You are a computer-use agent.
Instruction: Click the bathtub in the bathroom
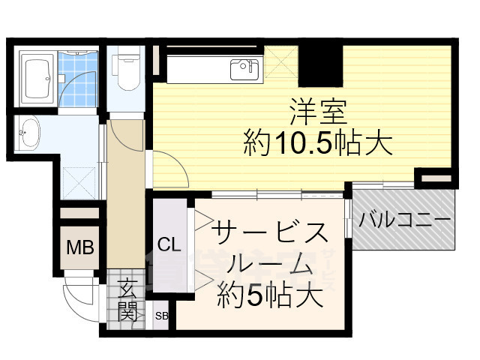[x=37, y=78]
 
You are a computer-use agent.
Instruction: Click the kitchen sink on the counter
[x=244, y=70]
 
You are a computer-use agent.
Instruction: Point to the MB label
[x=80, y=247]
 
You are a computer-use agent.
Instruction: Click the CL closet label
[x=169, y=244]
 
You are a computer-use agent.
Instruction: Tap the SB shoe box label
[x=161, y=316]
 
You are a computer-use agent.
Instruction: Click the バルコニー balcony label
[x=405, y=220]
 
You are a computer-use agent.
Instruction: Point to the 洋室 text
[x=318, y=112]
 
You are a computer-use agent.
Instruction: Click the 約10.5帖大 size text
[x=318, y=142]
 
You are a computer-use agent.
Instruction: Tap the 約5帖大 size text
[x=270, y=295]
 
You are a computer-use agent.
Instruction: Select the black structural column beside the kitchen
[x=320, y=66]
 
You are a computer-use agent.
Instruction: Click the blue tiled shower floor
[x=78, y=79]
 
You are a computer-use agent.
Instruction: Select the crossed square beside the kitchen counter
[x=281, y=61]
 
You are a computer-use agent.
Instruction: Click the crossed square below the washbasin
[x=80, y=183]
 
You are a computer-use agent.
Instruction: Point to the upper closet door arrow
[x=204, y=220]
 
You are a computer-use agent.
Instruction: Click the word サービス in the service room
[x=270, y=233]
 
